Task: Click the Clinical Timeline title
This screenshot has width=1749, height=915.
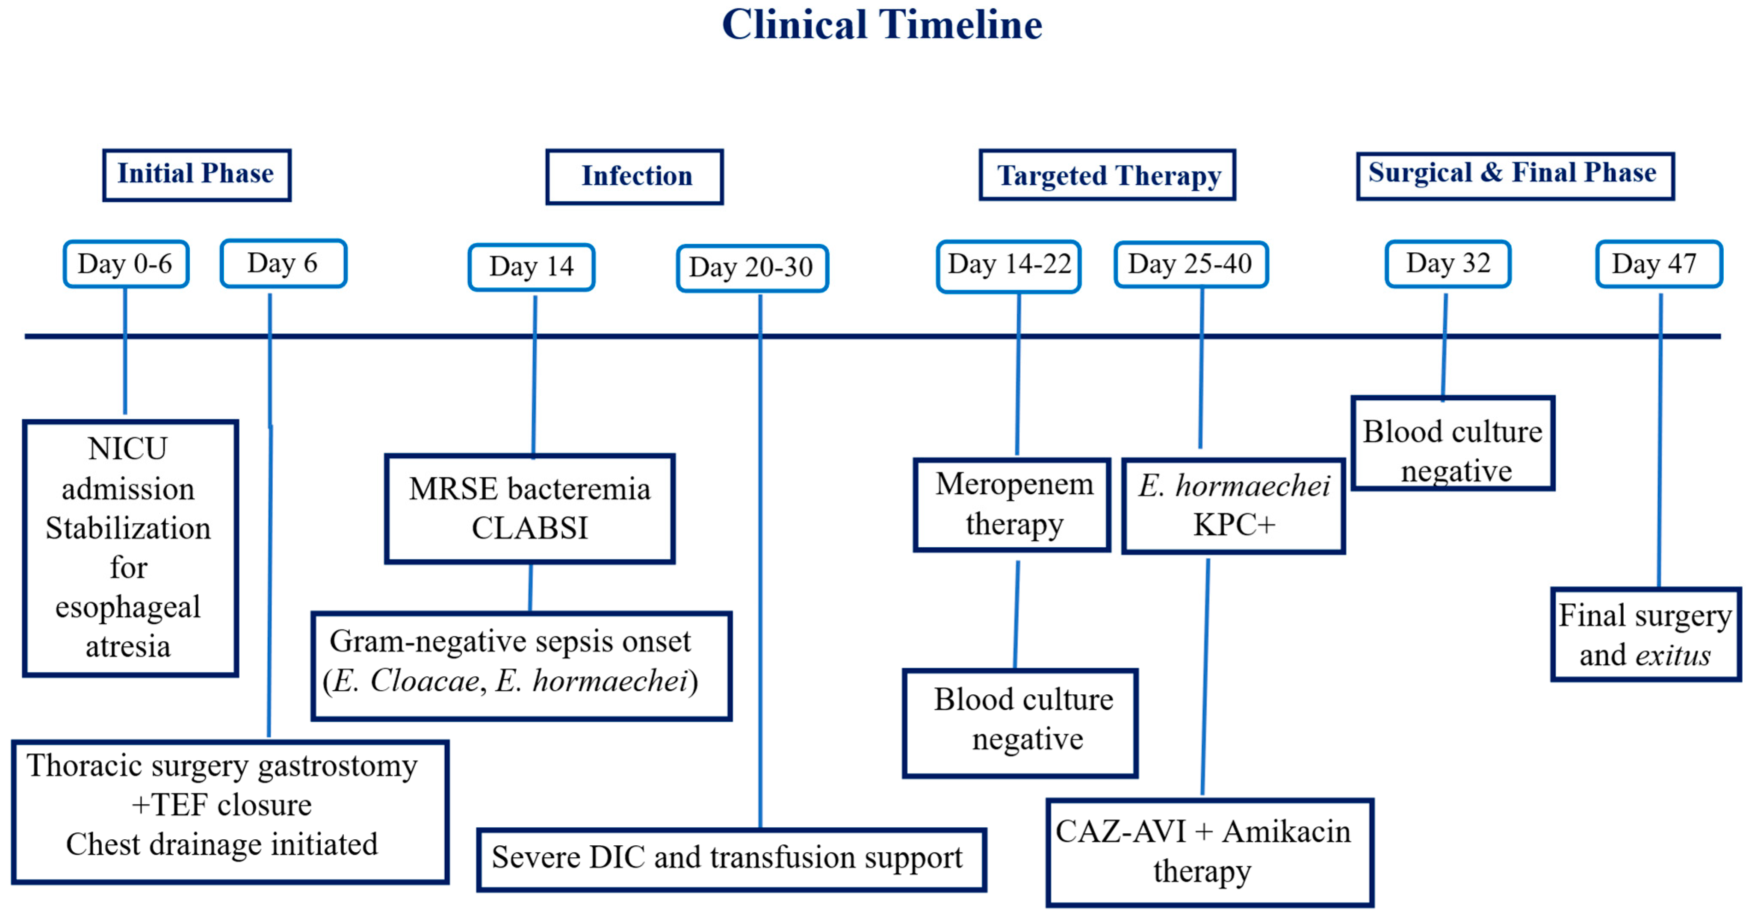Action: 882,25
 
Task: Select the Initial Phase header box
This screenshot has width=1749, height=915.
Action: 197,175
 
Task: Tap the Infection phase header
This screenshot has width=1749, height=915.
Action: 635,177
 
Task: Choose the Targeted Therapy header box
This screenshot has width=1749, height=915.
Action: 1108,175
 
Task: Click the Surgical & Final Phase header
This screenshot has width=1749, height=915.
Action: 1516,176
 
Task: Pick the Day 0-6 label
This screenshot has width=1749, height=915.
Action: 126,264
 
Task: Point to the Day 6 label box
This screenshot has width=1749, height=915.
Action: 283,263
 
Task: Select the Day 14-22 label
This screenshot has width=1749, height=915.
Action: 1009,266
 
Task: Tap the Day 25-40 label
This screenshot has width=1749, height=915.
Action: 1191,265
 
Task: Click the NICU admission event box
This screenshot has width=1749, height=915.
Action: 130,548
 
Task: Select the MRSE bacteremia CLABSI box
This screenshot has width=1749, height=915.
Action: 529,508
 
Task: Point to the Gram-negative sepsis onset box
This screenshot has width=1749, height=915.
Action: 521,666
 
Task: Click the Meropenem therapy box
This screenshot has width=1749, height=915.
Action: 1012,505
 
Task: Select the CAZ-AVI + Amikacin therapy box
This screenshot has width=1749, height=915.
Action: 1210,853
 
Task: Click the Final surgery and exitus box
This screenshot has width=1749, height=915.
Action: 1646,635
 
